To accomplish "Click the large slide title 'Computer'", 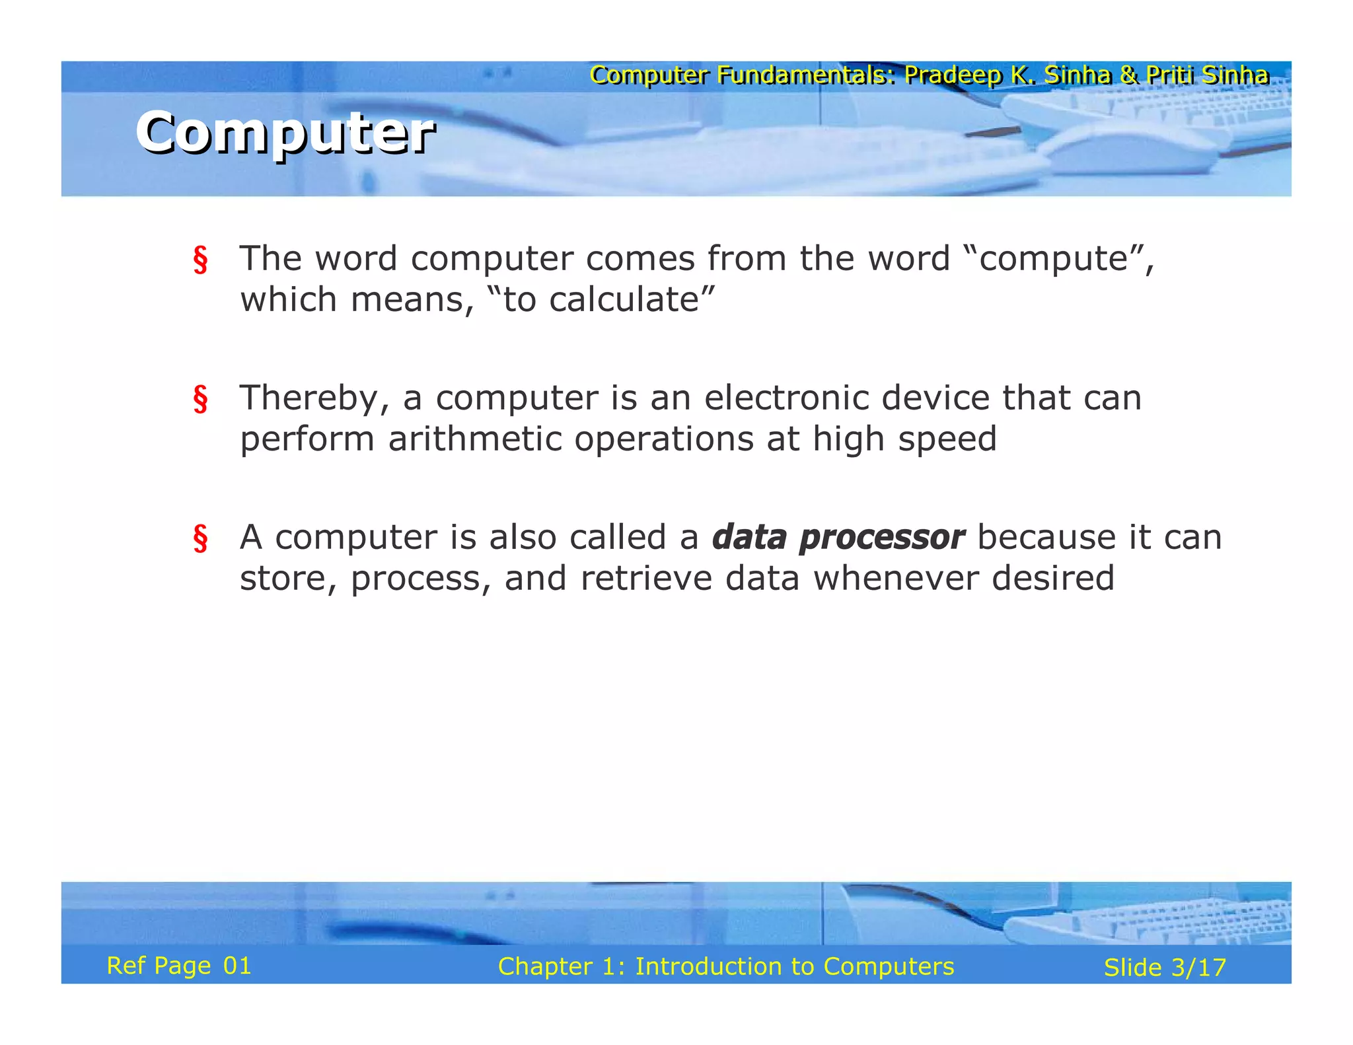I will point(285,133).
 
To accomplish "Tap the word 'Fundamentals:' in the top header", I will point(806,75).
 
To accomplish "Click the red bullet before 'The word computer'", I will point(200,260).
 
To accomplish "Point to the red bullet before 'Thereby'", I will point(200,399).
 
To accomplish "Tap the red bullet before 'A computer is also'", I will point(200,538).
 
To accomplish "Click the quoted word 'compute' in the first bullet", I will point(1053,259).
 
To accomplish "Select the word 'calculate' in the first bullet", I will point(624,301).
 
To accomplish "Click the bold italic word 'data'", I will point(749,537).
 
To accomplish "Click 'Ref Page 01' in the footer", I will point(179,966).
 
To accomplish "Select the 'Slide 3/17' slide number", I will point(1165,968).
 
